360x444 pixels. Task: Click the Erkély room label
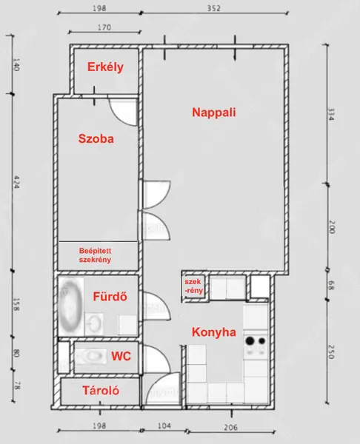coord(105,67)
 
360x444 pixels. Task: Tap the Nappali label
coord(214,112)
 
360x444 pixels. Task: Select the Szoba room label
coord(96,139)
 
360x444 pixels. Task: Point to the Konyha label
coord(214,332)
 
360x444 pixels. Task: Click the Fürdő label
coord(110,297)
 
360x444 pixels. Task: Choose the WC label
coord(121,356)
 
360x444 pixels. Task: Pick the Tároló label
coord(101,391)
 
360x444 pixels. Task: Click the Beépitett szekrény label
coord(95,255)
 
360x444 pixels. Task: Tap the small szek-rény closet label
coord(193,286)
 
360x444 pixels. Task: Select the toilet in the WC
coord(90,356)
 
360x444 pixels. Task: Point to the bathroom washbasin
coord(94,323)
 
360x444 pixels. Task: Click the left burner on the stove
coord(250,340)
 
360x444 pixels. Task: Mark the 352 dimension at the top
coord(213,8)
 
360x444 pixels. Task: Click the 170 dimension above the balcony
coord(104,27)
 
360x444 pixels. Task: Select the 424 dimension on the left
coord(16,182)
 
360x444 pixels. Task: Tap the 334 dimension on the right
coord(330,115)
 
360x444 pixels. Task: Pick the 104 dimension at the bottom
coord(164,426)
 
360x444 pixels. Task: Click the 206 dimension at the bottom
coord(230,427)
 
